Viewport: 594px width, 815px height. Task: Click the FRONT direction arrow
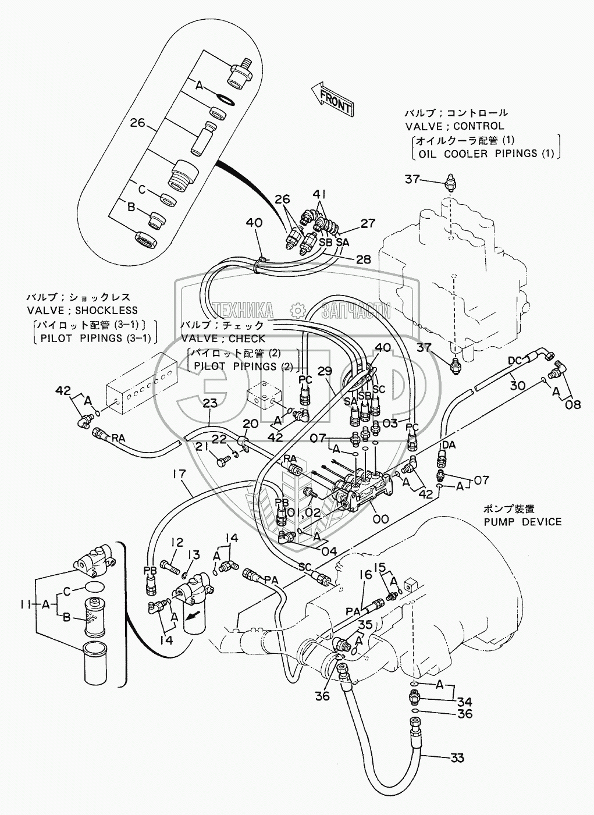click(330, 99)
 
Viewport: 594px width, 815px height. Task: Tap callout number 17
click(179, 475)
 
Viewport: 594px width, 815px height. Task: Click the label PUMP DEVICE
click(523, 521)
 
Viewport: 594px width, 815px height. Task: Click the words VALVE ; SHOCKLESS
click(82, 311)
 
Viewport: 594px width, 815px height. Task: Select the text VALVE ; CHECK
click(223, 339)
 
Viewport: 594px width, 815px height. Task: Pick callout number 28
click(363, 259)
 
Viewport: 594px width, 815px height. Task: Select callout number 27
click(368, 222)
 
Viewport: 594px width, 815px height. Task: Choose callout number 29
click(325, 370)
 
